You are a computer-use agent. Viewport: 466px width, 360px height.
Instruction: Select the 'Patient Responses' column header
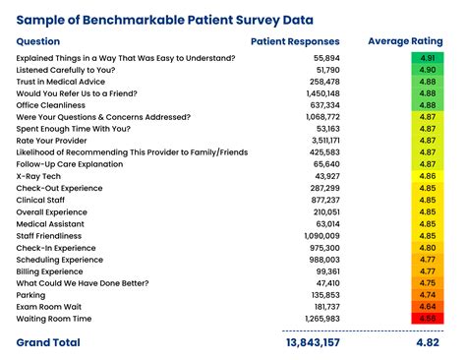click(295, 41)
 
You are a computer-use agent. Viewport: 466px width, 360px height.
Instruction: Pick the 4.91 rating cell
click(427, 58)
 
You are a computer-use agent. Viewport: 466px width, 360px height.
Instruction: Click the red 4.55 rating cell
click(427, 318)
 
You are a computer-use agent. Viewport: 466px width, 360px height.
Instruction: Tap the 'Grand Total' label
click(48, 342)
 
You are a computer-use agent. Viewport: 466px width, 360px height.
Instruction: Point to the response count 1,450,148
click(318, 93)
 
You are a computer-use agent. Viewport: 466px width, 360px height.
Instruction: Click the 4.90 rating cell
click(427, 70)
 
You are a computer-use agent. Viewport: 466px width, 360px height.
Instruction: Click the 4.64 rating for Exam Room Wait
click(427, 306)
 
